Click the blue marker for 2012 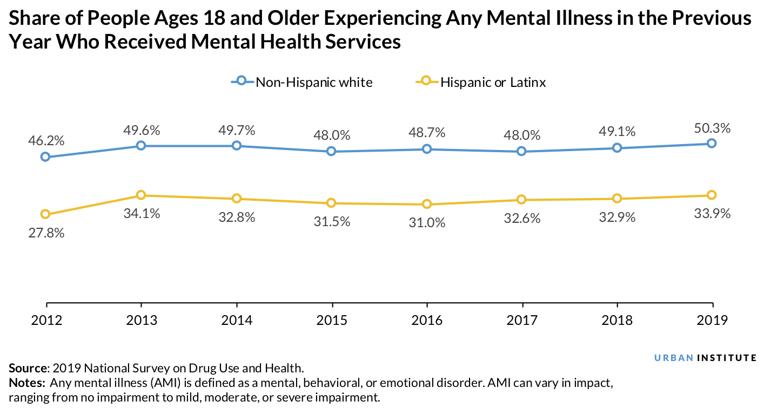pyautogui.click(x=45, y=157)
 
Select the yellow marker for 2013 pyautogui.click(x=141, y=195)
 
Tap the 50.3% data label pyautogui.click(x=712, y=128)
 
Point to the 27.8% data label pyautogui.click(x=46, y=233)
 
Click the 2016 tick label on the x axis pyautogui.click(x=427, y=320)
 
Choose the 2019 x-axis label pyautogui.click(x=712, y=320)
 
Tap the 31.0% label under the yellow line pyautogui.click(x=427, y=222)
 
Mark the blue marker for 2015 pyautogui.click(x=331, y=152)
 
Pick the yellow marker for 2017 pyautogui.click(x=521, y=200)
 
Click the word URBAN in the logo pyautogui.click(x=673, y=357)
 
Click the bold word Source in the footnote pyautogui.click(x=28, y=369)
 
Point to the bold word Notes pyautogui.click(x=26, y=383)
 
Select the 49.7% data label pyautogui.click(x=237, y=130)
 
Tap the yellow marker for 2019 pyautogui.click(x=712, y=195)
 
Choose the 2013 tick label pyautogui.click(x=142, y=320)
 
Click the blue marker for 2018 pyautogui.click(x=616, y=148)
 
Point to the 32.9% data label pyautogui.click(x=617, y=217)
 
